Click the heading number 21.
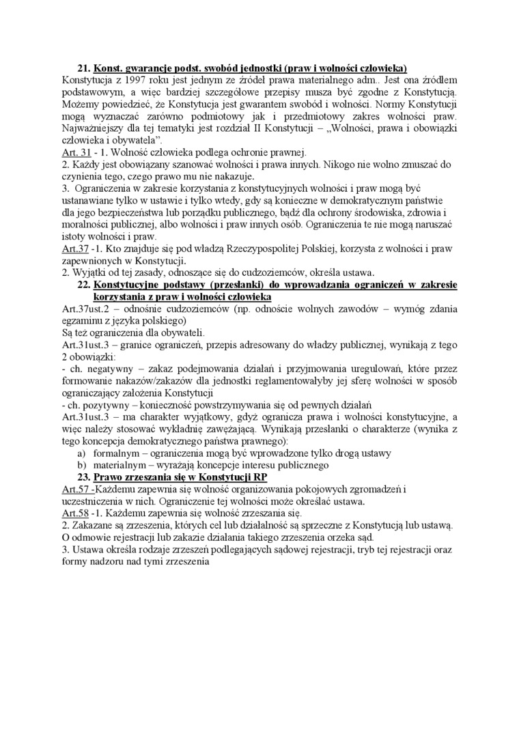click(x=84, y=69)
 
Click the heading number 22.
click(x=84, y=283)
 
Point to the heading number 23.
click(x=84, y=477)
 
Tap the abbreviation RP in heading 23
click(x=259, y=477)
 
